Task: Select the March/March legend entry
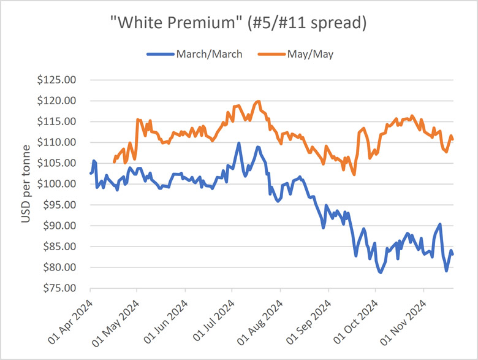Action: (x=194, y=54)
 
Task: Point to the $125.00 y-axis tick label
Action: (x=61, y=80)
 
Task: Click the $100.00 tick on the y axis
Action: (x=61, y=184)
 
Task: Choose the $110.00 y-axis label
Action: (x=61, y=142)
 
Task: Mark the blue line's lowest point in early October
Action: (x=381, y=272)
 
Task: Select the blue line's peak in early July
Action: (x=238, y=144)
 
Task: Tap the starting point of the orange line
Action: (x=115, y=163)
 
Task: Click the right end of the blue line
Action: (x=453, y=255)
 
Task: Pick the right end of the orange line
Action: (x=453, y=139)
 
